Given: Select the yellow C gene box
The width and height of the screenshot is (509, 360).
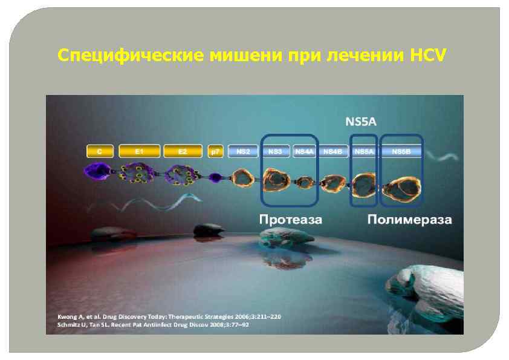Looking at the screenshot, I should click(x=100, y=151).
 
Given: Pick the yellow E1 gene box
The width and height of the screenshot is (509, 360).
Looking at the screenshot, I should click(x=140, y=151).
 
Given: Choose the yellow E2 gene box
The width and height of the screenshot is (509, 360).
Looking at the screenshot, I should click(x=183, y=151).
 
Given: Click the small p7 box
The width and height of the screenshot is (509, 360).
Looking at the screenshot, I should click(x=215, y=151).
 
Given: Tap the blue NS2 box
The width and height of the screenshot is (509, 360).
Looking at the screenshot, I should click(x=243, y=151).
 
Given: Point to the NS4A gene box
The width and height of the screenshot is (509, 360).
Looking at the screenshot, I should click(x=304, y=151).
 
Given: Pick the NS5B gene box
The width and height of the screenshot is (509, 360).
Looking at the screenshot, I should click(x=401, y=151).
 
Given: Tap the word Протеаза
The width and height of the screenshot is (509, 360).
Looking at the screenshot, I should click(x=290, y=219).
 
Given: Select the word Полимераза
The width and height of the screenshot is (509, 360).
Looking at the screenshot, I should click(x=409, y=219).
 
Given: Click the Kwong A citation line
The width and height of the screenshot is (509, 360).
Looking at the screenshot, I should click(x=169, y=316).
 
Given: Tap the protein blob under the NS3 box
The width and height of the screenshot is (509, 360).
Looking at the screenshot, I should click(x=277, y=179).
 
